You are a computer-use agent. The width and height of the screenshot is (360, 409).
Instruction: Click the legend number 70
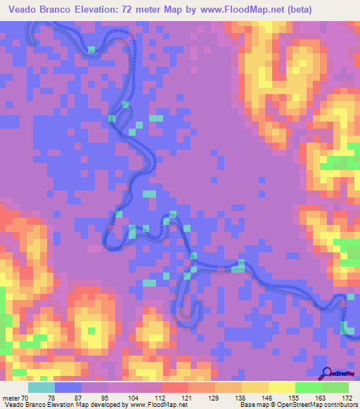point(25,397)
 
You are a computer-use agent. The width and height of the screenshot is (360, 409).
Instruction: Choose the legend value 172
point(347,397)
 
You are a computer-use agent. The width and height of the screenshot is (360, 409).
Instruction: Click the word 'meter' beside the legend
point(11,397)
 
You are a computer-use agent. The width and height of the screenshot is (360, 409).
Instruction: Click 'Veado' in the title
point(27,9)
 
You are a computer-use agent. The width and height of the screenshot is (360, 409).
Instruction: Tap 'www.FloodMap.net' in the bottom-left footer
point(153,405)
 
